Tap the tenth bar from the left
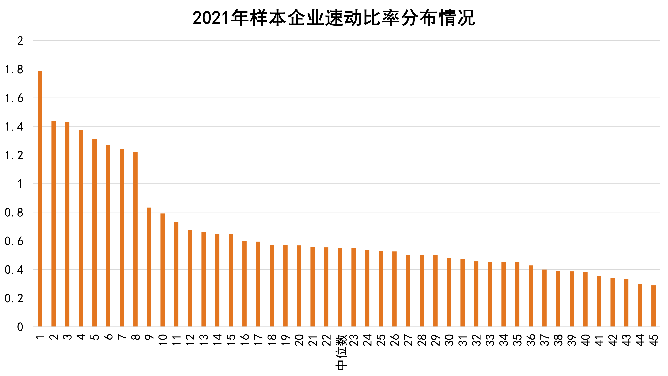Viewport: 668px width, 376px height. [163, 270]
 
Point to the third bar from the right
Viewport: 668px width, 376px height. [626, 303]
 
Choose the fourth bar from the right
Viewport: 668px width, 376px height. [612, 302]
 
